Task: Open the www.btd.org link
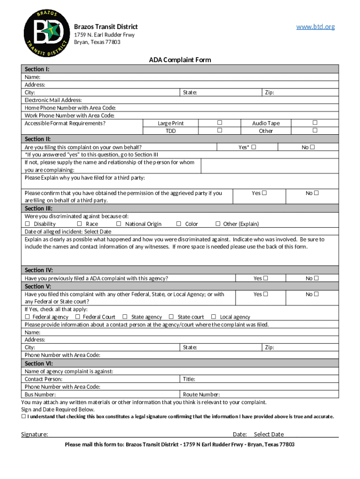coord(316,27)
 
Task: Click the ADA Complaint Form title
coord(180,60)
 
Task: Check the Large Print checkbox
coord(219,123)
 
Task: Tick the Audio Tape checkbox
coord(314,123)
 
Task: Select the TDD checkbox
coord(219,131)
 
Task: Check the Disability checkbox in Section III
coord(27,224)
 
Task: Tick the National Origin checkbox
coord(119,224)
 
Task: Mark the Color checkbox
coord(179,224)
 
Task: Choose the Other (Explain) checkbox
coord(217,224)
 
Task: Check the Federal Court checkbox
coord(78,317)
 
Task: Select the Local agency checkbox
coord(214,317)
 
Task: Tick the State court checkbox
coord(171,317)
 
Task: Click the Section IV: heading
coord(39,270)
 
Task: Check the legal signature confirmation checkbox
coord(23,416)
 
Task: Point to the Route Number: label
coord(202,394)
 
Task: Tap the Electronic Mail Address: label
coord(53,100)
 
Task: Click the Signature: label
coord(35,434)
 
